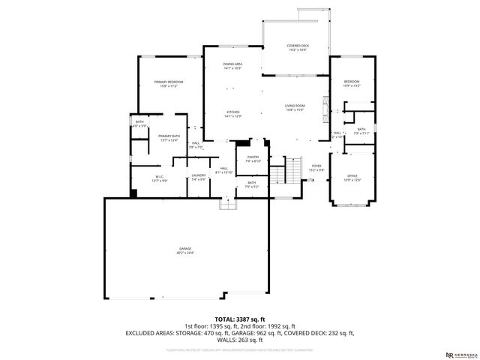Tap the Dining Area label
point(232,66)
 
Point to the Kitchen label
point(232,114)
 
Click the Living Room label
point(294,108)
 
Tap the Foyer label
point(316,168)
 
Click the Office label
point(352,178)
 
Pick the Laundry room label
point(198,178)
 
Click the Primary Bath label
point(169,138)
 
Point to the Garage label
point(184,250)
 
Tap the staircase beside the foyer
point(279,175)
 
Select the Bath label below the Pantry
point(252,184)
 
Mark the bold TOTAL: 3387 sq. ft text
point(239,318)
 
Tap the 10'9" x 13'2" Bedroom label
point(352,83)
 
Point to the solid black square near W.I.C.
point(133,193)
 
